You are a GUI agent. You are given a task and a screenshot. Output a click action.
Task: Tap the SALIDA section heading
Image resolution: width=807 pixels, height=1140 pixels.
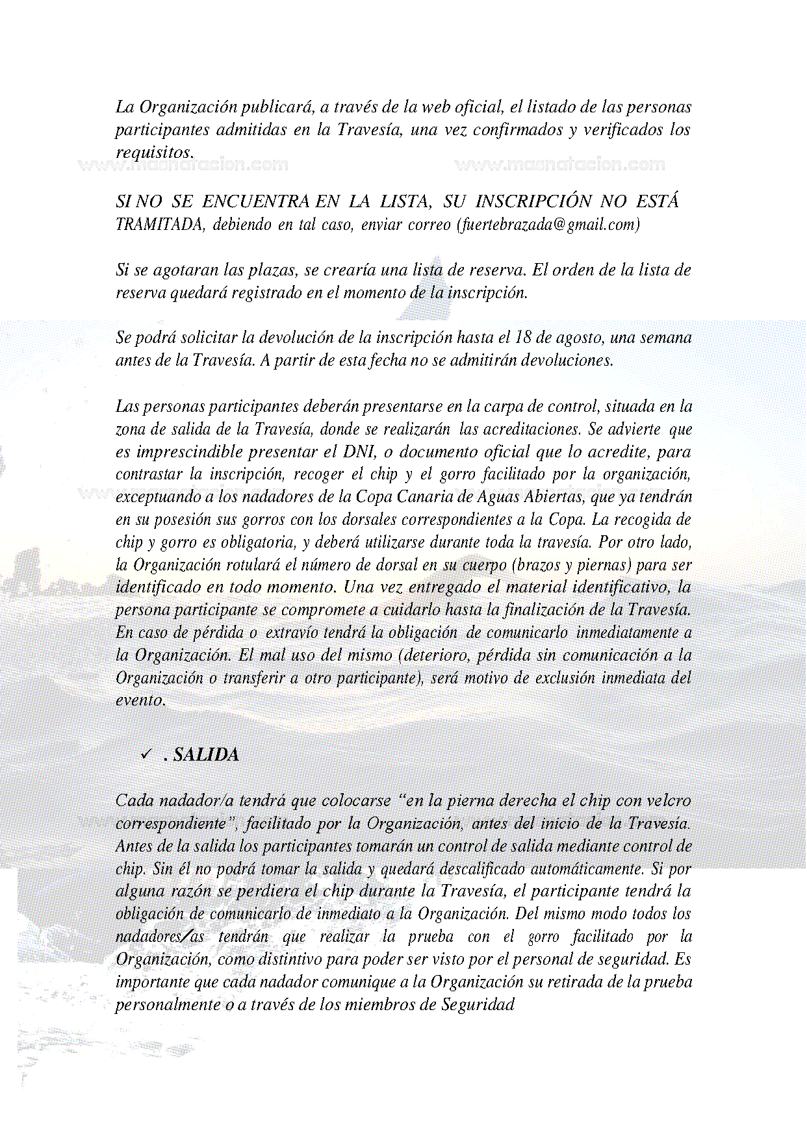click(x=206, y=755)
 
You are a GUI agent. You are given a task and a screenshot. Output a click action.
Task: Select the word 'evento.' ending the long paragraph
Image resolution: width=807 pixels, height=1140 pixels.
click(x=141, y=700)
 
